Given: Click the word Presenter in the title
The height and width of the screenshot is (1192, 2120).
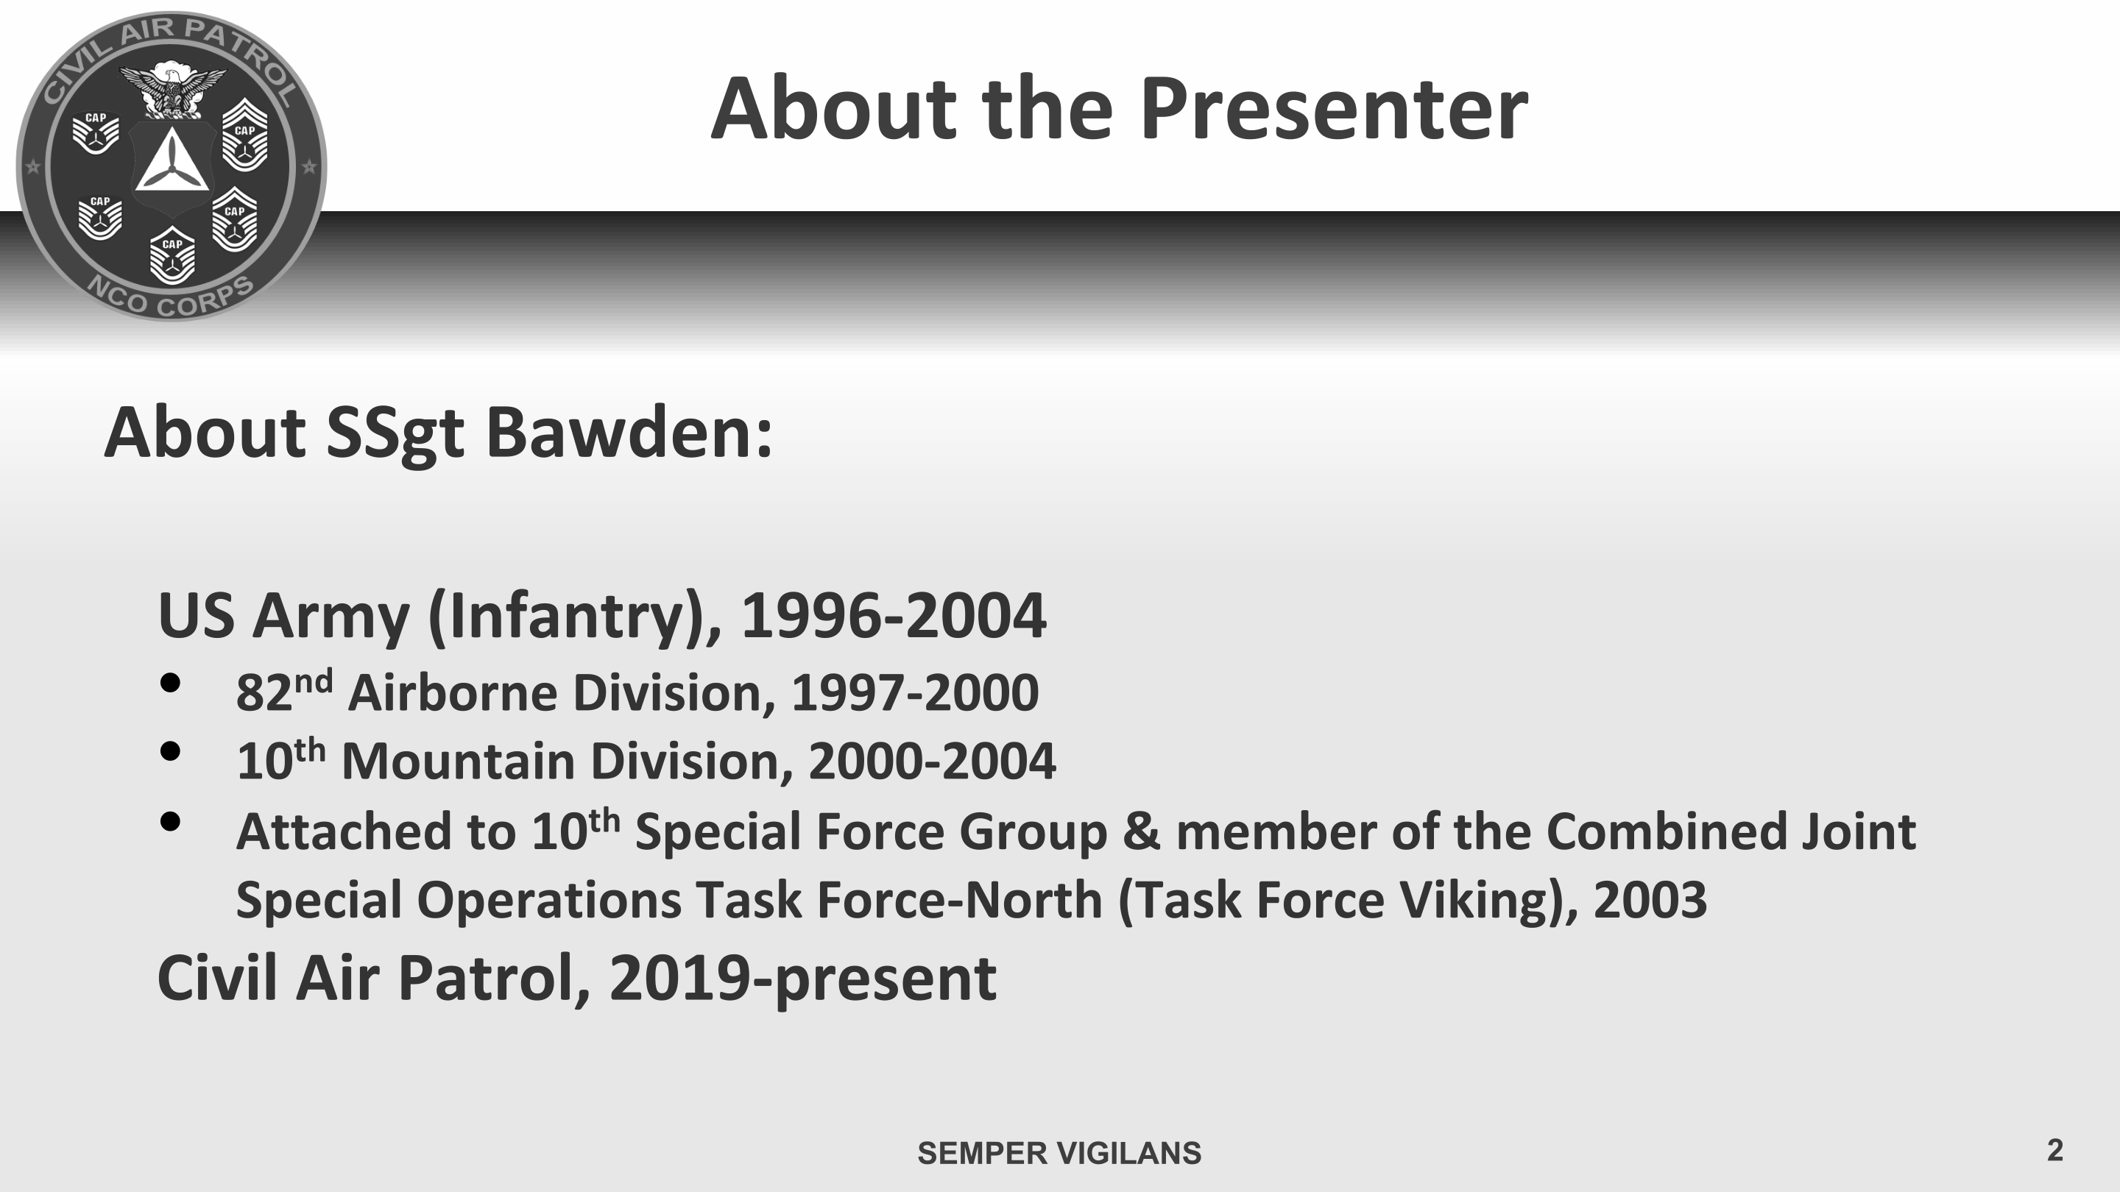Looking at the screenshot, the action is tap(1333, 109).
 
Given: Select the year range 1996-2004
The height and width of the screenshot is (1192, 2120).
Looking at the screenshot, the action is tap(894, 615).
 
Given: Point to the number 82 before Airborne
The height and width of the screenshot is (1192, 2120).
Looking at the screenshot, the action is tap(264, 693).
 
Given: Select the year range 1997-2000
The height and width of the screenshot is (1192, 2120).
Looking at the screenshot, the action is tap(915, 692).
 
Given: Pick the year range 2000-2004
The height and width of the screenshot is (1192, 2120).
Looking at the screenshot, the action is tap(933, 761).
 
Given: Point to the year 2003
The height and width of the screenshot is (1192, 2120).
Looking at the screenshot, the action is tap(1650, 900).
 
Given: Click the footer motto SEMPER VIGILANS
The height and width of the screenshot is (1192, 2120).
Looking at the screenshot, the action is tap(1059, 1153).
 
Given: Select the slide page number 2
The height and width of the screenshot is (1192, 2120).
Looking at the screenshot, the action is tap(2055, 1150).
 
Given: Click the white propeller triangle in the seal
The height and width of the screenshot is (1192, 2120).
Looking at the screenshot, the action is tap(172, 160).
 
